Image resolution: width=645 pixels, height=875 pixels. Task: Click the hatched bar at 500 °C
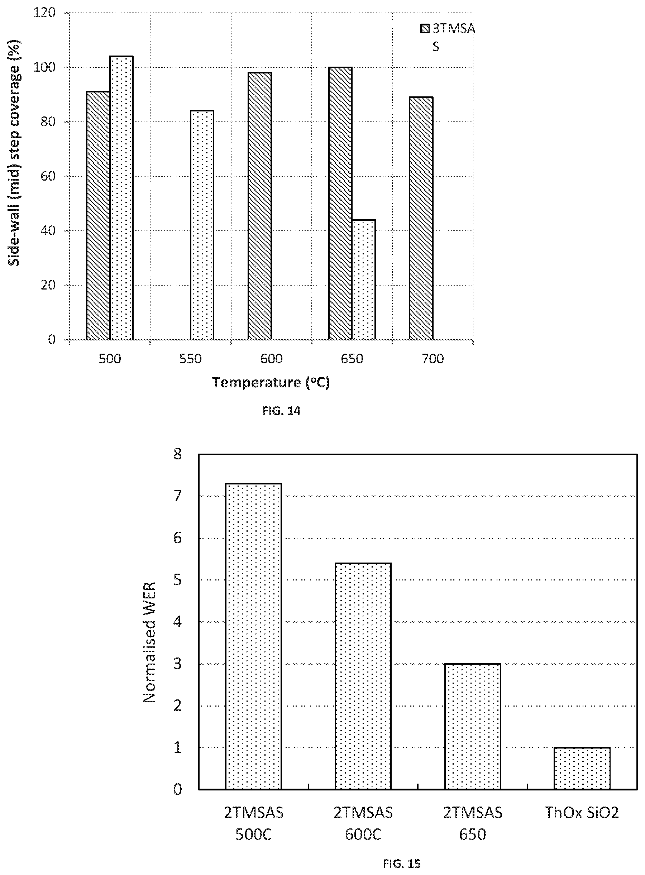(98, 216)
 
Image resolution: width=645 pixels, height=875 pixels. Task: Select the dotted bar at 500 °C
(121, 198)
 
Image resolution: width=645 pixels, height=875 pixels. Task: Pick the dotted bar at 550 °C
(202, 225)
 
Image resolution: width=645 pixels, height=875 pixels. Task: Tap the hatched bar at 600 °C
(260, 206)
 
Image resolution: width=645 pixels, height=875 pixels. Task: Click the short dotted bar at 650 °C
(364, 279)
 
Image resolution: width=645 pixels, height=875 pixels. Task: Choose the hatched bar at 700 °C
(421, 218)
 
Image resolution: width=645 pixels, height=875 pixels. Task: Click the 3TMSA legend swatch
(425, 29)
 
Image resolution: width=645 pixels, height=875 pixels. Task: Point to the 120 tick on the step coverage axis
(45, 13)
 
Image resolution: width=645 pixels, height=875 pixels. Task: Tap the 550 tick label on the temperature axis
(191, 359)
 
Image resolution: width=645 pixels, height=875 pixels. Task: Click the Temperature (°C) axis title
(271, 382)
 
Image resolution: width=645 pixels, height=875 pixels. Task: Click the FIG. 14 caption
(282, 411)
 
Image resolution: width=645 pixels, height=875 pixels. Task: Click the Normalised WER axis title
(149, 642)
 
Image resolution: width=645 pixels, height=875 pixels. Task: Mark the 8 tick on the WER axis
(178, 454)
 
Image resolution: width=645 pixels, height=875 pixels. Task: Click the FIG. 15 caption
(402, 863)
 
